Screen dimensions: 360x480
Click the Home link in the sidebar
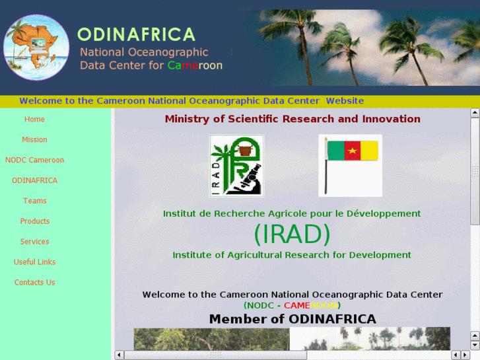point(34,120)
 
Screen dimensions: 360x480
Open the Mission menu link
point(34,140)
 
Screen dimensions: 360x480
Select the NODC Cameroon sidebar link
point(34,161)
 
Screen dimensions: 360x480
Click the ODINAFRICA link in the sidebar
point(34,181)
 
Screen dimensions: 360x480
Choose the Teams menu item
point(34,201)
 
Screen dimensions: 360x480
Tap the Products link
point(34,221)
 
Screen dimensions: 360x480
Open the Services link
point(34,242)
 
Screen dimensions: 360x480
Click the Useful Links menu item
point(34,262)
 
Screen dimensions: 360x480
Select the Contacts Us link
point(34,283)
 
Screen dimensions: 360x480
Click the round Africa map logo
point(36,48)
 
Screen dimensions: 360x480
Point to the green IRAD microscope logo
point(236,166)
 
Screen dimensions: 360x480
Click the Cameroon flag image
point(350,165)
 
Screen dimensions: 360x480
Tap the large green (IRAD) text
point(292,234)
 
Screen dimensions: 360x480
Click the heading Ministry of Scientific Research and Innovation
point(292,120)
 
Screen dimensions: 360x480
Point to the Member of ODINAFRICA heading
point(292,320)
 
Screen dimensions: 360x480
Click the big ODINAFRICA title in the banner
point(136,34)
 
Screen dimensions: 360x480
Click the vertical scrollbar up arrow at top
point(475,113)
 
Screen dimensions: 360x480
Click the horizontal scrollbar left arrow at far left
point(119,355)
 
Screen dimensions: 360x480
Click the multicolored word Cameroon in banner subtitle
point(195,65)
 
